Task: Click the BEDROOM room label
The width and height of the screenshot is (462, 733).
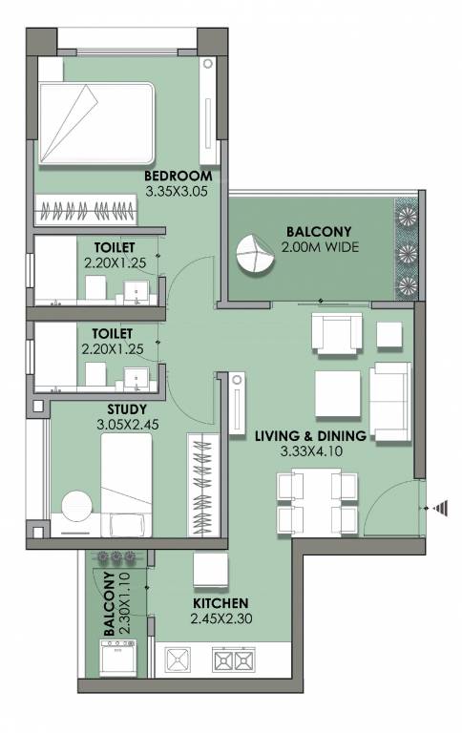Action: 177,177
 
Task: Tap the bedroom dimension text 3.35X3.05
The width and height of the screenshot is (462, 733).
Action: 177,191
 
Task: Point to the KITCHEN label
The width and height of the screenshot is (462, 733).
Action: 220,603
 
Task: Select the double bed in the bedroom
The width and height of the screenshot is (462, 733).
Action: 95,125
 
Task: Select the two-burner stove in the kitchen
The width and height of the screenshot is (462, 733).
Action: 234,660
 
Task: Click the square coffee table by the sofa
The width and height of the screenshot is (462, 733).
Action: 336,389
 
